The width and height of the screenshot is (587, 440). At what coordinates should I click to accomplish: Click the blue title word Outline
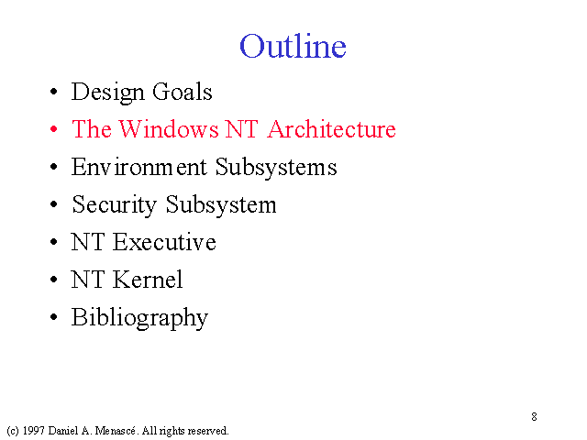tap(293, 46)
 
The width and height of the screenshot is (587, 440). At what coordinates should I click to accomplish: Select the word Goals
tap(183, 92)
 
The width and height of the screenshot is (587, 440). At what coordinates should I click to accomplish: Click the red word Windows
tap(169, 129)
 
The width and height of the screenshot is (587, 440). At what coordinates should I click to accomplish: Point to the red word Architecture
tap(332, 129)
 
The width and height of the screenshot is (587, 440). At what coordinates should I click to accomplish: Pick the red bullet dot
tap(53, 129)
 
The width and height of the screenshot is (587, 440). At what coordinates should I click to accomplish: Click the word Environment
tap(138, 167)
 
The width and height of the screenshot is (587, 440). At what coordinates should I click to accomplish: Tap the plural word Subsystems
tap(276, 168)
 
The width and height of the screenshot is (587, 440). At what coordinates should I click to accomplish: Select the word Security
tap(114, 205)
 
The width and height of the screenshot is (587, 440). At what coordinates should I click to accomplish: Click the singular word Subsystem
tap(221, 205)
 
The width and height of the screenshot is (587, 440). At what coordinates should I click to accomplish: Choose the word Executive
tap(164, 242)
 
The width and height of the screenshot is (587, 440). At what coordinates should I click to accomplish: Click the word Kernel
tap(148, 280)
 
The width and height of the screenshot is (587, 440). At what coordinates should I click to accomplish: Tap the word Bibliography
tap(139, 318)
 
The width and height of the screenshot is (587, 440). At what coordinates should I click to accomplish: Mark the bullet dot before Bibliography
tap(53, 317)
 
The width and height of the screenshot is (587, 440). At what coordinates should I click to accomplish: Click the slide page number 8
tap(534, 416)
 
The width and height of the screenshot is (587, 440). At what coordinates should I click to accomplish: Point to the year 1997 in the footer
tap(33, 431)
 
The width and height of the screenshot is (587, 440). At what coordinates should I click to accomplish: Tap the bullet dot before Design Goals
tap(53, 92)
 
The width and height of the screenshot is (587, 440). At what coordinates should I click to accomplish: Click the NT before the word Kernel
tap(88, 280)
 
